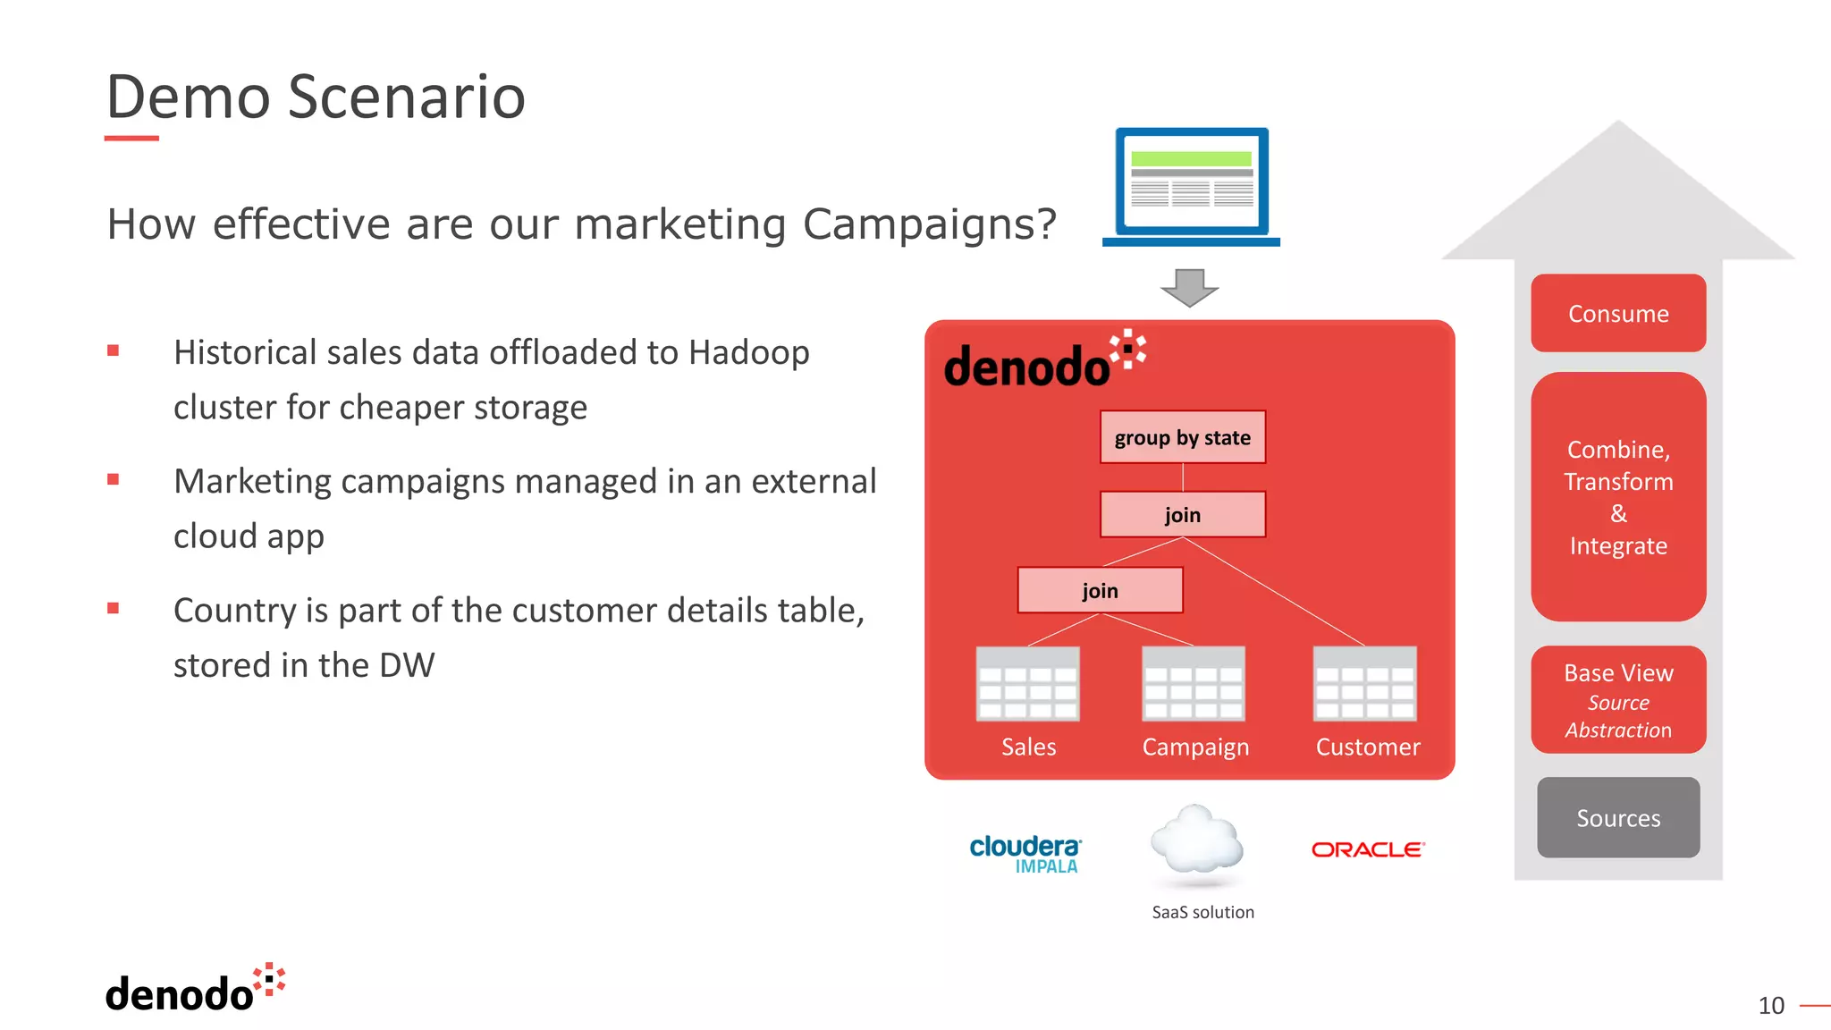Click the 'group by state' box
point(1182,437)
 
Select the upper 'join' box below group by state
point(1182,514)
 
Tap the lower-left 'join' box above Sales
point(1100,590)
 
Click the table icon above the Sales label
point(1027,684)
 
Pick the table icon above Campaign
point(1194,684)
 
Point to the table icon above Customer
point(1364,684)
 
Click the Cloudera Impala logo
point(1025,852)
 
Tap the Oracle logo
point(1367,849)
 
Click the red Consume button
point(1617,314)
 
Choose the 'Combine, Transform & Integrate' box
point(1617,497)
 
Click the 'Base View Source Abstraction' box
point(1617,700)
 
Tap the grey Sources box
point(1617,817)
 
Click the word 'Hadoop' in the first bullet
point(748,353)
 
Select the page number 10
point(1770,1006)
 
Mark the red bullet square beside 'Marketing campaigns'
point(113,479)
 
